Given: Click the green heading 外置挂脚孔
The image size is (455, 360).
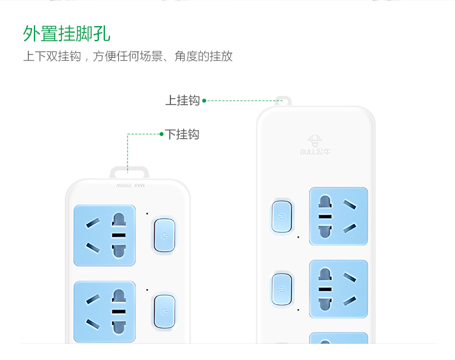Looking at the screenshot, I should pyautogui.click(x=67, y=33).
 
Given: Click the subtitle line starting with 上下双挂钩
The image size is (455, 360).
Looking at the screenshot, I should pyautogui.click(x=127, y=56).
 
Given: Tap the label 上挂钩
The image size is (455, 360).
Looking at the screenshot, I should pyautogui.click(x=182, y=101).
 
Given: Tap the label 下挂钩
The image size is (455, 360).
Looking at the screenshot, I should pyautogui.click(x=182, y=134).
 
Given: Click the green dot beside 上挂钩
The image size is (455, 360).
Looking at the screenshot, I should pyautogui.click(x=204, y=101).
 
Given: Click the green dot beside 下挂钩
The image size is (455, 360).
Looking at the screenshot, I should pyautogui.click(x=161, y=134).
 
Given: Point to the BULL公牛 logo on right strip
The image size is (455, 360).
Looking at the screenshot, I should pyautogui.click(x=315, y=145).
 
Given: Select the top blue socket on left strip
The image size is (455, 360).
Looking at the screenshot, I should pyautogui.click(x=104, y=236).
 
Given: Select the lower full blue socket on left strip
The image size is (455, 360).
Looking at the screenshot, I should pyautogui.click(x=104, y=312).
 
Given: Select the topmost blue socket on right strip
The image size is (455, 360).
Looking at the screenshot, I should pyautogui.click(x=339, y=216).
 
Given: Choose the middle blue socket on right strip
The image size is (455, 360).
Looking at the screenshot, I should pyautogui.click(x=339, y=289).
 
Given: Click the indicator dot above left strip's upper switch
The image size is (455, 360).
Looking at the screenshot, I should pyautogui.click(x=147, y=213).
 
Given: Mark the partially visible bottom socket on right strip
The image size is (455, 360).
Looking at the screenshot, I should pyautogui.click(x=339, y=338).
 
